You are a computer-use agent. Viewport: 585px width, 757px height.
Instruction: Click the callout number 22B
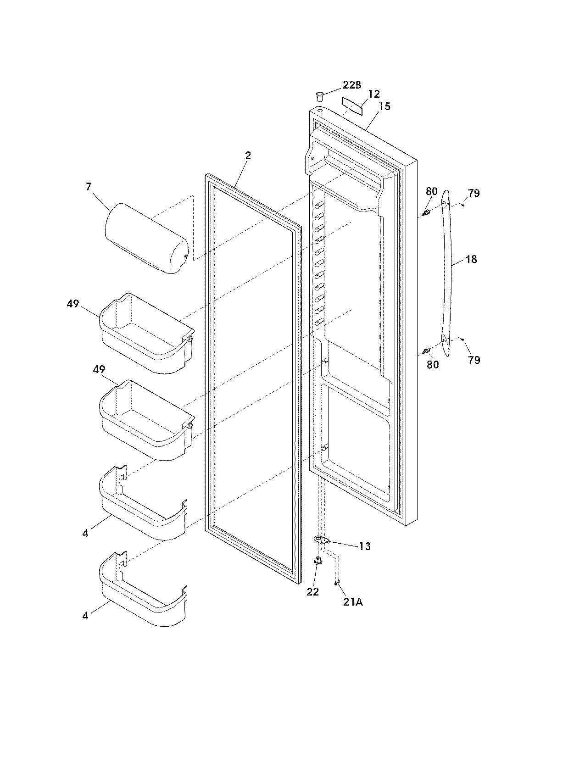pos(352,85)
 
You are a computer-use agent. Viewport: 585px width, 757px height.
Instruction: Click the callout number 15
pos(384,106)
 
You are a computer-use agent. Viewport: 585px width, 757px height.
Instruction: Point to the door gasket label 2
pos(248,156)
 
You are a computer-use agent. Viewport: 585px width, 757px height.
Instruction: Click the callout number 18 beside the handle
pos(471,259)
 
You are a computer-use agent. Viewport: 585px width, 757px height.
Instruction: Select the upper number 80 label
pos(432,191)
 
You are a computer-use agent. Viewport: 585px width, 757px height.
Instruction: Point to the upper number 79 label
pos(474,193)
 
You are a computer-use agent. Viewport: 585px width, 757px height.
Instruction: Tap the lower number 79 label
pos(474,360)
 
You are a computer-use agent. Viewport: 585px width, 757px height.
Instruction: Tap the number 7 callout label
pos(89,187)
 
